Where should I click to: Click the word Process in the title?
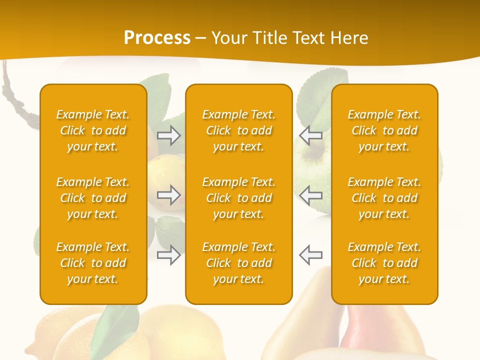click(x=157, y=37)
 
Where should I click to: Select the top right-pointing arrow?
click(x=169, y=135)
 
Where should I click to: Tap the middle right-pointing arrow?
click(x=169, y=195)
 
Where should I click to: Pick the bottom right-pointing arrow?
click(x=169, y=255)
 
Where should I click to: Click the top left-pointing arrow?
click(x=311, y=135)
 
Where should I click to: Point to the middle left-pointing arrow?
click(x=311, y=195)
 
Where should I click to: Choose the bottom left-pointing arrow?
click(x=311, y=255)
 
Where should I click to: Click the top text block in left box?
click(x=93, y=130)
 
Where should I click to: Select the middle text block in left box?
click(x=93, y=198)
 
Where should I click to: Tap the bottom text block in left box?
click(x=93, y=263)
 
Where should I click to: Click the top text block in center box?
click(x=239, y=130)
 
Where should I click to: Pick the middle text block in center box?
click(x=239, y=198)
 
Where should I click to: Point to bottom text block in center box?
click(x=239, y=263)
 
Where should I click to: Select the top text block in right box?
click(x=384, y=130)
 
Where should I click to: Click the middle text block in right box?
click(x=384, y=198)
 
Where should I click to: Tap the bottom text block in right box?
click(x=384, y=263)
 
